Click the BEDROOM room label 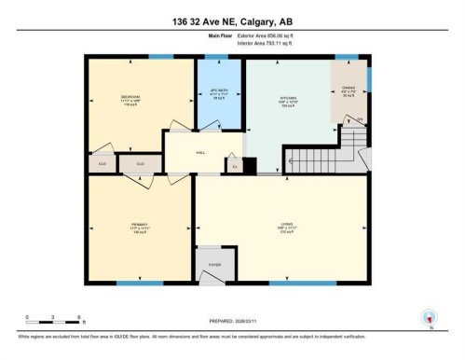tap(131, 98)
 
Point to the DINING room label tap(349, 90)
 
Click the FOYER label tap(213, 265)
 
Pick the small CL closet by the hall tap(234, 166)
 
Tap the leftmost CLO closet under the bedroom tap(101, 164)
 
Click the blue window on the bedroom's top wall tap(161, 57)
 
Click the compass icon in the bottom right tap(430, 318)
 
